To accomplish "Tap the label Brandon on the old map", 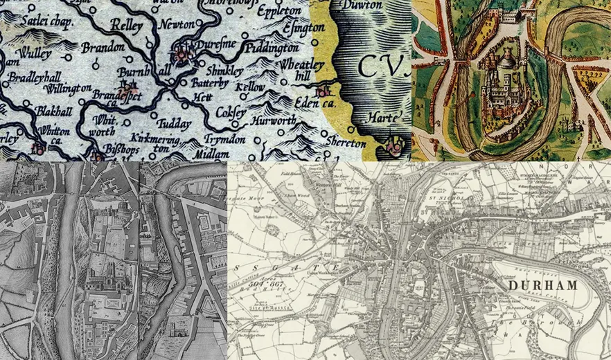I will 103,48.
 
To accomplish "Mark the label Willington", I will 67,88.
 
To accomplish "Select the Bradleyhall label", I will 31,75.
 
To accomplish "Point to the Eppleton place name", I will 279,12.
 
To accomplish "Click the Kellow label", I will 250,87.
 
